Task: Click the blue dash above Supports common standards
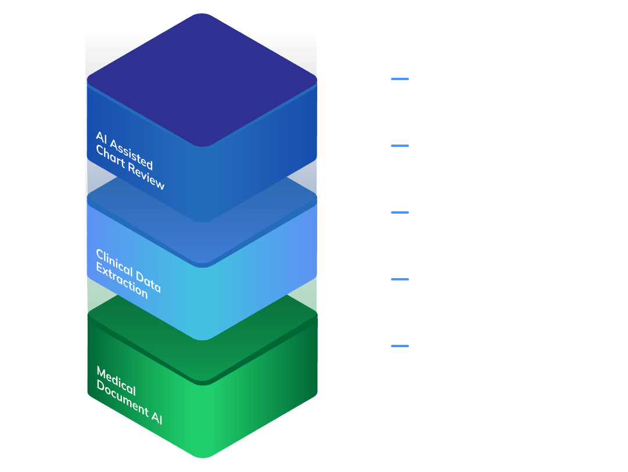pyautogui.click(x=400, y=79)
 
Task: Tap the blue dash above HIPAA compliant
pyautogui.click(x=400, y=146)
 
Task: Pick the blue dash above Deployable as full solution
pyautogui.click(x=400, y=212)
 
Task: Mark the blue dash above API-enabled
pyautogui.click(x=400, y=279)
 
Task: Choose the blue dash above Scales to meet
pyautogui.click(x=400, y=346)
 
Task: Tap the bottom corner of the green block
pyautogui.click(x=202, y=455)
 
